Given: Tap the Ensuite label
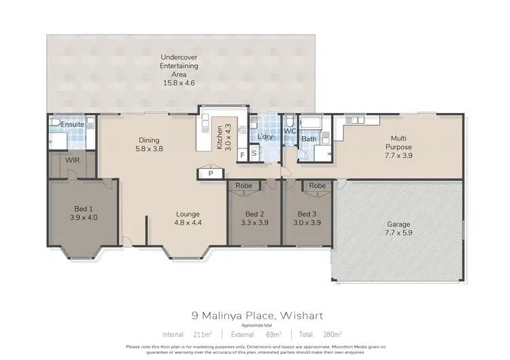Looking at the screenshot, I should tap(72, 125).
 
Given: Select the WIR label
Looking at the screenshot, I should tap(73, 159).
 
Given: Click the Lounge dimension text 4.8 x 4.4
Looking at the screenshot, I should tap(188, 222).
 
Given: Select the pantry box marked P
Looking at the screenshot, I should tap(211, 174).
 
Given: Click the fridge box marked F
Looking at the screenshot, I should tap(242, 154).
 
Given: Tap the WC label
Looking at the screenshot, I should tap(288, 131).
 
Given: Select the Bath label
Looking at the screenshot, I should tap(309, 140).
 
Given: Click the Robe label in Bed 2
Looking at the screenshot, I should tap(243, 186).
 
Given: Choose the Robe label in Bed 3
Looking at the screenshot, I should tap(317, 186).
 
